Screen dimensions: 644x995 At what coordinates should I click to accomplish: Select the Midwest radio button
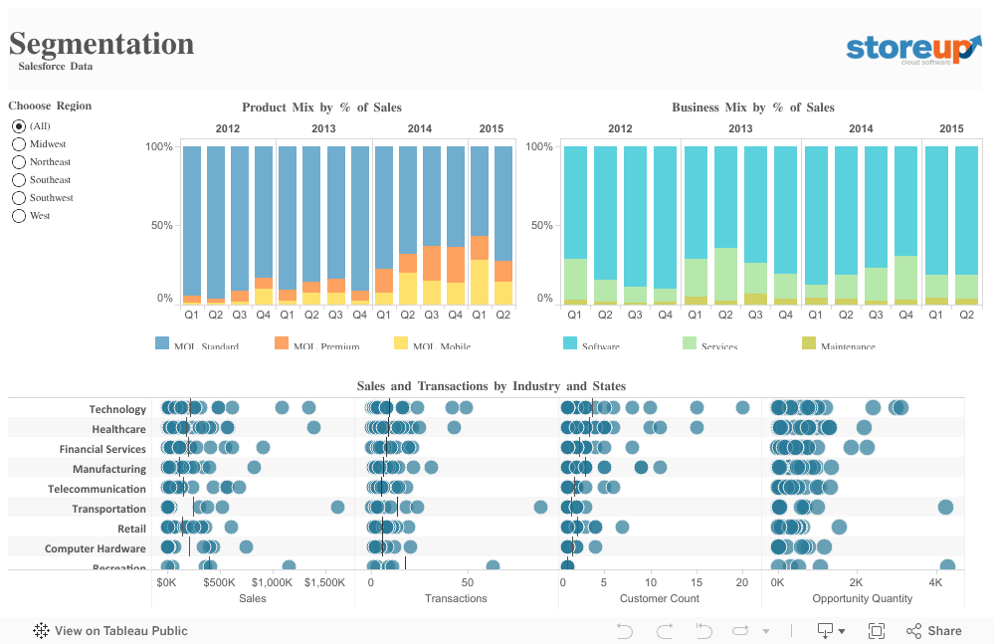coord(19,144)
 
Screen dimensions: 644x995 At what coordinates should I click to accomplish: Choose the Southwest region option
coord(19,198)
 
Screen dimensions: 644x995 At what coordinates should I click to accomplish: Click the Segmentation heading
coord(101,44)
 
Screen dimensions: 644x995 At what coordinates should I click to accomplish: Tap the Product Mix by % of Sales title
coord(321,107)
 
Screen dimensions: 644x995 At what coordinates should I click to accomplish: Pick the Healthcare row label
coord(118,429)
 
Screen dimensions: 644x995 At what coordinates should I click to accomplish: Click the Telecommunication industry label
coord(97,489)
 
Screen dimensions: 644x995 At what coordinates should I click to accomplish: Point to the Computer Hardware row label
coord(96,548)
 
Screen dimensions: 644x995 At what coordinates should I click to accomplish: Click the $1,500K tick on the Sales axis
coord(324,582)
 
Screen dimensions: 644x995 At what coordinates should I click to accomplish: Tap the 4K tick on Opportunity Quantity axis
coord(934,582)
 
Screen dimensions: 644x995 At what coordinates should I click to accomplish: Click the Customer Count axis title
coord(659,598)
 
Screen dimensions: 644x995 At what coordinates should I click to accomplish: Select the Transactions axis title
coord(456,598)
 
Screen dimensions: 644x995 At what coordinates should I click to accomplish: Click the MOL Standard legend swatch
coord(162,343)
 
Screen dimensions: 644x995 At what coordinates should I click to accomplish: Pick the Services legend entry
coord(690,343)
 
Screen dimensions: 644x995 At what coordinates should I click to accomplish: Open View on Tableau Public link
coord(110,630)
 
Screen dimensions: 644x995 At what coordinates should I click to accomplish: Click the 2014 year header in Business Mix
coord(861,128)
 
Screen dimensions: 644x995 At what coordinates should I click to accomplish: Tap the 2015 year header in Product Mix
coord(491,128)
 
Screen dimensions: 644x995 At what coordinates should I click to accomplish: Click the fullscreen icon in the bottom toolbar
coord(877,630)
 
